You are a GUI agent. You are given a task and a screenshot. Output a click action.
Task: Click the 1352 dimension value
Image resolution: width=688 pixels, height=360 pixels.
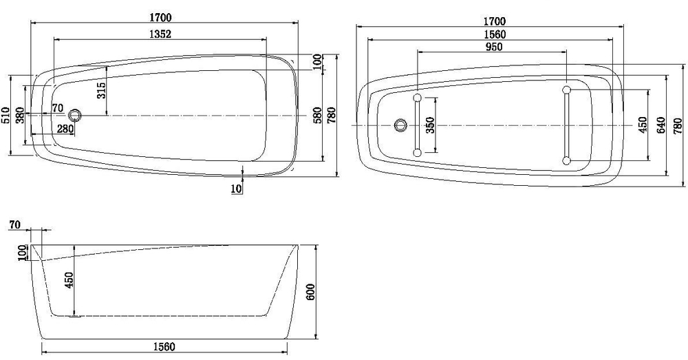tap(160, 33)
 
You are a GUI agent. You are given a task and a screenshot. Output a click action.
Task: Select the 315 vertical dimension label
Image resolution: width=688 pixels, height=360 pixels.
tap(101, 89)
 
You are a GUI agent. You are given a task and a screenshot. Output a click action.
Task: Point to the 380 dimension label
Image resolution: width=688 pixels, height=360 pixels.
tap(20, 115)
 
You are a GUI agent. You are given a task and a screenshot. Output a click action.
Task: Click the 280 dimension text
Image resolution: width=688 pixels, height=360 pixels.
tap(65, 129)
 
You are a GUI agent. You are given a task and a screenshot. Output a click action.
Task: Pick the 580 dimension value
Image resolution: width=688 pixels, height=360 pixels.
tap(317, 114)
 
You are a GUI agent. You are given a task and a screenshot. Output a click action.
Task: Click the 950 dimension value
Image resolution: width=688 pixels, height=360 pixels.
tap(493, 47)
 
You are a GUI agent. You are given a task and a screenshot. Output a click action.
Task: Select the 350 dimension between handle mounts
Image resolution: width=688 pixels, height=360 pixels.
tap(431, 126)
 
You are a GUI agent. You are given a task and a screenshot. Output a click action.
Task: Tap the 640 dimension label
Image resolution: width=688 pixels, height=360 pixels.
tap(661, 125)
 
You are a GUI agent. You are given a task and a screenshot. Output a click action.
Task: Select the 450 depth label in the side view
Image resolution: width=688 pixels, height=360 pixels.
tap(69, 281)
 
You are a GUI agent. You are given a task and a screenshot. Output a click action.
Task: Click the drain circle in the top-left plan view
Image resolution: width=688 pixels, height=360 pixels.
tap(76, 116)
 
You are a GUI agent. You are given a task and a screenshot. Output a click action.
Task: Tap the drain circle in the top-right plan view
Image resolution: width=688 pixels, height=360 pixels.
tap(401, 125)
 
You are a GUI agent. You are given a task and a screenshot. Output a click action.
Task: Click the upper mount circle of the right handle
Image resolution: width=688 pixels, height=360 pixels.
tap(566, 90)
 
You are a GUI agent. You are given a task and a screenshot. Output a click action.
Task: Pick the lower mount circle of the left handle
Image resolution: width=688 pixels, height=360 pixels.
tap(417, 152)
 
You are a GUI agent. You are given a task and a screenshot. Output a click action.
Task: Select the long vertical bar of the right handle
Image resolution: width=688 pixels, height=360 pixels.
tap(566, 126)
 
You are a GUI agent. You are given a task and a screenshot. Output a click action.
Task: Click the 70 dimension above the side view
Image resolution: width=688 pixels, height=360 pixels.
tap(16, 225)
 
